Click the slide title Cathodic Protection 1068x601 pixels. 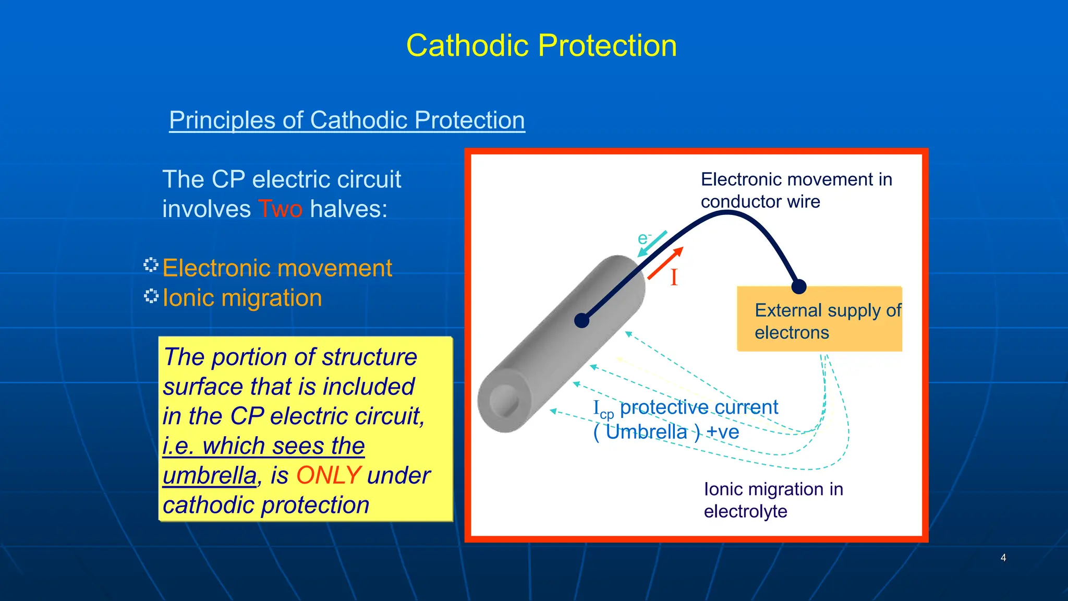tap(541, 45)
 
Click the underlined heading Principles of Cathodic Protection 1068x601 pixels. tap(347, 120)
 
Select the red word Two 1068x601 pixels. tap(280, 209)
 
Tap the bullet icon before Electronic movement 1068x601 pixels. tap(151, 265)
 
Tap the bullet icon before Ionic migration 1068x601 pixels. tap(151, 296)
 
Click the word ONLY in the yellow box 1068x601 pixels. tap(328, 475)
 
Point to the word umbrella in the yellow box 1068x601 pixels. tap(209, 476)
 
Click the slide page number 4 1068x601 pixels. tap(1003, 558)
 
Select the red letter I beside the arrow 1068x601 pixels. tap(674, 277)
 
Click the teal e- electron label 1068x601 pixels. tap(644, 238)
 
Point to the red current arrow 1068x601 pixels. tap(664, 263)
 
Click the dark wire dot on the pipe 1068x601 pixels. tap(581, 320)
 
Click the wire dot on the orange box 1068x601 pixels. tap(798, 286)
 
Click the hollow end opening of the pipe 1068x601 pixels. tap(504, 401)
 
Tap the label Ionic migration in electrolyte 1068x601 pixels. tap(773, 500)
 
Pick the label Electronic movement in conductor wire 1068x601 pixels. tap(796, 190)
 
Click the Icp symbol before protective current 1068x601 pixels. tap(603, 408)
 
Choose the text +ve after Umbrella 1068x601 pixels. tap(722, 432)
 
